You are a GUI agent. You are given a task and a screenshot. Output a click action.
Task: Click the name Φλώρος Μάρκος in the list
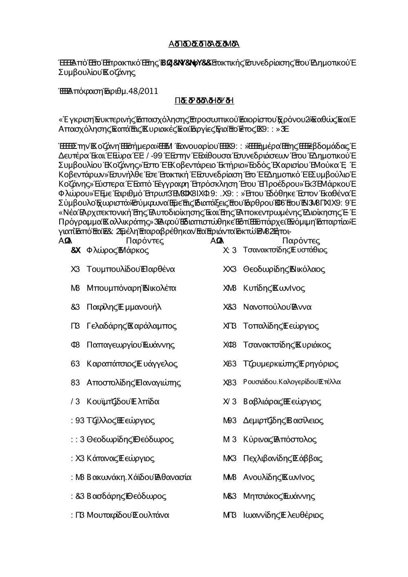pyautogui.click(x=118, y=250)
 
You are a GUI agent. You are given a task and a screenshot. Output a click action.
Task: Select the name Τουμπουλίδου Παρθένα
pyautogui.click(x=131, y=269)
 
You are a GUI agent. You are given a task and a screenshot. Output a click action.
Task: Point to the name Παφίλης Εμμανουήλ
pyautogui.click(x=124, y=307)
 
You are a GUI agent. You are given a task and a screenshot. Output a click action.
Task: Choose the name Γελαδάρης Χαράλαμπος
pyautogui.click(x=131, y=326)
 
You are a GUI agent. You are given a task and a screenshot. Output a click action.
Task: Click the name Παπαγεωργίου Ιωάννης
pyautogui.click(x=131, y=345)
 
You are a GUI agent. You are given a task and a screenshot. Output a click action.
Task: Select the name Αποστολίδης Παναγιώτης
pyautogui.click(x=134, y=382)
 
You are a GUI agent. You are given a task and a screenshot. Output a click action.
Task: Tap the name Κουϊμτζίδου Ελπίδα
pyautogui.click(x=123, y=402)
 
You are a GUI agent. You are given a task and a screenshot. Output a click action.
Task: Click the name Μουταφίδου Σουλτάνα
pyautogui.click(x=128, y=515)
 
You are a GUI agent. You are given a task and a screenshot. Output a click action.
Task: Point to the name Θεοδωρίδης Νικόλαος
pyautogui.click(x=284, y=269)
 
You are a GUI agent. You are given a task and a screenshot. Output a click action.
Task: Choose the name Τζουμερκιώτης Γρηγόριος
pyautogui.click(x=290, y=364)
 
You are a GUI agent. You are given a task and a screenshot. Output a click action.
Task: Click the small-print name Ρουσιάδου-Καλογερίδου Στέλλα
pyautogui.click(x=292, y=382)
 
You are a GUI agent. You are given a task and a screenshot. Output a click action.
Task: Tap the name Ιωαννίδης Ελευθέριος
pyautogui.click(x=283, y=515)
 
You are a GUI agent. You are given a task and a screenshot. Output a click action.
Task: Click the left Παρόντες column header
pyautogui.click(x=145, y=241)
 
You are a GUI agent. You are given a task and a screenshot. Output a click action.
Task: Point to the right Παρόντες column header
pyautogui.click(x=301, y=241)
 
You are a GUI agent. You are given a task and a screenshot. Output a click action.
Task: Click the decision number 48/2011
pyautogui.click(x=143, y=91)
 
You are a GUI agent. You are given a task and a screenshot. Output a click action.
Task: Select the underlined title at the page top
pyautogui.click(x=204, y=44)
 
